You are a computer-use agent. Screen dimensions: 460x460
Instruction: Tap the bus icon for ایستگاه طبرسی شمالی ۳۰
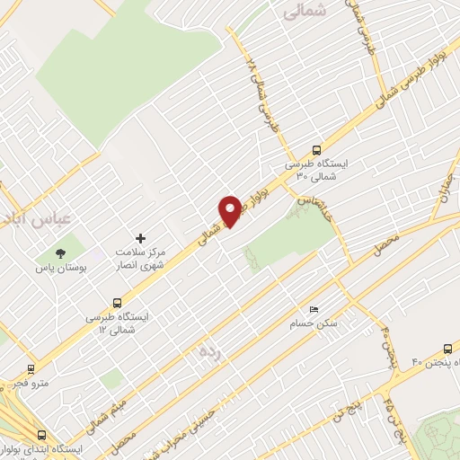[315, 150]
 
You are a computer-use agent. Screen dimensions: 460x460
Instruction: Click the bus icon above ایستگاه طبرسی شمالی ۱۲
[117, 303]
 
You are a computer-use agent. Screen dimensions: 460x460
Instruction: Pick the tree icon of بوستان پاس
[61, 253]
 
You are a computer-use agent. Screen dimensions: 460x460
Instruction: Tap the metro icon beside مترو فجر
[31, 367]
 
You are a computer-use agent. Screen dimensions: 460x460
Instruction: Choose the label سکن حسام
[313, 322]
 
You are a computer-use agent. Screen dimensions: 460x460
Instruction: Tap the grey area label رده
[206, 353]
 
